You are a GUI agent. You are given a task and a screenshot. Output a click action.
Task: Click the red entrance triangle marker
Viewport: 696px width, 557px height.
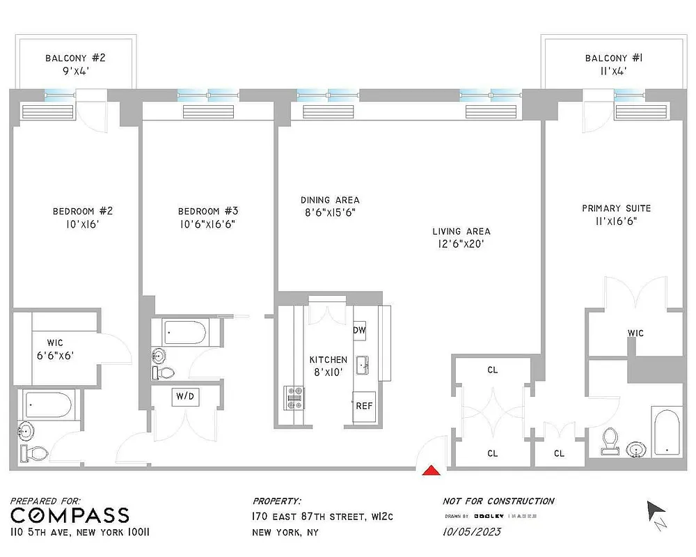tap(432, 471)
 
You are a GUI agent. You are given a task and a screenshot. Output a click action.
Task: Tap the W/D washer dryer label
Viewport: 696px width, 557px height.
tap(185, 397)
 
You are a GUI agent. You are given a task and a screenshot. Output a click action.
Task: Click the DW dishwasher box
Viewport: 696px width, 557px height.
tap(360, 330)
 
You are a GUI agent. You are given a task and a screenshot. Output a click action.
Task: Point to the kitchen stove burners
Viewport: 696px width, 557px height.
tap(294, 398)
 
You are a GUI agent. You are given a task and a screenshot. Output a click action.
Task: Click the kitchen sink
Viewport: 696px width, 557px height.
tap(362, 365)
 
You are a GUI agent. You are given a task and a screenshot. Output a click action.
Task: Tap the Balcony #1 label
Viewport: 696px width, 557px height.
tap(613, 58)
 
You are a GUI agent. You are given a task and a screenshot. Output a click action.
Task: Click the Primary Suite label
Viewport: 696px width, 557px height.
tap(617, 208)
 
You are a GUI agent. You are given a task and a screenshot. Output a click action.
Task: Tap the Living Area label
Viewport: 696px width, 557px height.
tap(461, 231)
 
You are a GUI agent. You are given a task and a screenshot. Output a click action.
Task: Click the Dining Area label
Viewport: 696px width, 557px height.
tap(330, 201)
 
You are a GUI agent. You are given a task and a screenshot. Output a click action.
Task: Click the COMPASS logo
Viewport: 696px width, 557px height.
tap(70, 515)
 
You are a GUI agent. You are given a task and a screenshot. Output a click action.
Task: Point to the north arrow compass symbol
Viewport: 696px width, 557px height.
tap(656, 512)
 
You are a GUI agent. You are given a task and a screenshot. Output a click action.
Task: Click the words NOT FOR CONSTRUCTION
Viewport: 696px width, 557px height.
tap(498, 501)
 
